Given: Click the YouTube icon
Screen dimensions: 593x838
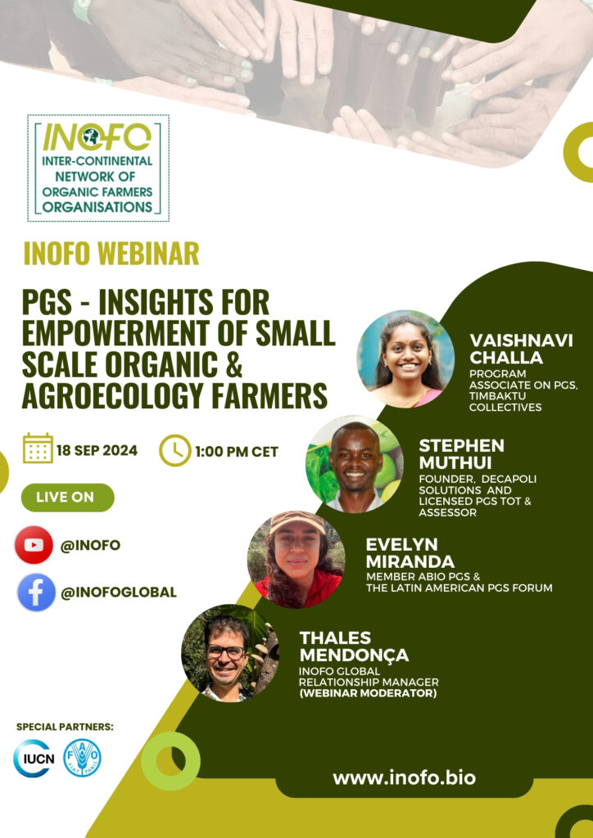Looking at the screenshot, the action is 34,544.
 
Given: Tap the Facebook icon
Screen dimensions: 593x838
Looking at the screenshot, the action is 36,592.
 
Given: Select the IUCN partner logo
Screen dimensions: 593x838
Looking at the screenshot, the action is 33,758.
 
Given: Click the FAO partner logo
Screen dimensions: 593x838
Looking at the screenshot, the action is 83,758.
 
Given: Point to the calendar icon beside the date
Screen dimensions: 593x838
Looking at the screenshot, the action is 38,448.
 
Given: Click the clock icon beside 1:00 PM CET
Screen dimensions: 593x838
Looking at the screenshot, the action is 174,451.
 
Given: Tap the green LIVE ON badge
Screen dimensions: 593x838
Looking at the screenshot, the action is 67,498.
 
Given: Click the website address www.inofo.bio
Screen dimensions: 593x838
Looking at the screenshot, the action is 404,777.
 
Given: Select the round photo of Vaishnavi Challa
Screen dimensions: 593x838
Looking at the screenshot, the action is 405,359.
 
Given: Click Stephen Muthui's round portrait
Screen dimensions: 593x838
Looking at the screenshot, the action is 355,464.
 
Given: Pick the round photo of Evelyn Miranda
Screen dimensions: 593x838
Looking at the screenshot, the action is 296,560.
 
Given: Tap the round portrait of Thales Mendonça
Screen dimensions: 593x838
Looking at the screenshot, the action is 230,653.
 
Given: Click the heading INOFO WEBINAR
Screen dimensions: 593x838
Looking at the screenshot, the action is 111,254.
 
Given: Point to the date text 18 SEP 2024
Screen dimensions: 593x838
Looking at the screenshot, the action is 97,451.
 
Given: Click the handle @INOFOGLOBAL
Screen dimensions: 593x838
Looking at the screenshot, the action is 118,592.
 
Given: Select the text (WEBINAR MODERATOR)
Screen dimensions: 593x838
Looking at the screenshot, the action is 368,694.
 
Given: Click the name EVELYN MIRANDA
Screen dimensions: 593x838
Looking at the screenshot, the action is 410,553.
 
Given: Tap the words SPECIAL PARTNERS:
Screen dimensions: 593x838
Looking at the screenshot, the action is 65,727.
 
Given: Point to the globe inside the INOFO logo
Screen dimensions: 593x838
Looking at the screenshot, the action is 91,137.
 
